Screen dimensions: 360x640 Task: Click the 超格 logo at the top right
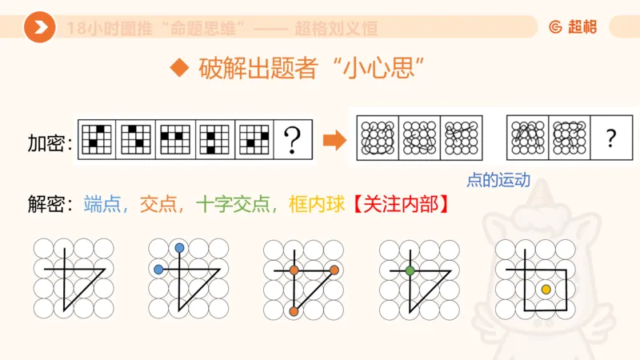tap(573, 27)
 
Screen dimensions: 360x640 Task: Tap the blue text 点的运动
tap(498, 180)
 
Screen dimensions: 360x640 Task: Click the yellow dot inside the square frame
tap(546, 289)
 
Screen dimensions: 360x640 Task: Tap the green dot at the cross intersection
tap(410, 270)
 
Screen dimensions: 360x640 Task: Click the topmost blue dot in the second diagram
tap(179, 248)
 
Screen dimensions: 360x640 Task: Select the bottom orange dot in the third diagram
tap(294, 310)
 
